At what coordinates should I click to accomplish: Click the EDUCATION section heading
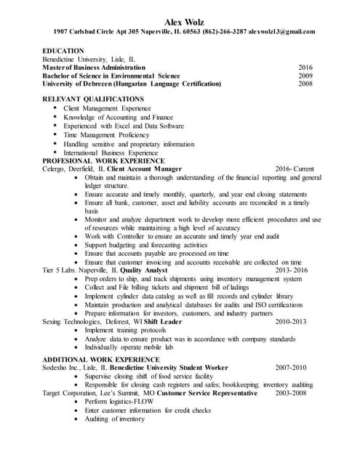(x=64, y=51)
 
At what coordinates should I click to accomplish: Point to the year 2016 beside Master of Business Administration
(x=305, y=67)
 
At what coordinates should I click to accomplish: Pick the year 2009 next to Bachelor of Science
(x=305, y=75)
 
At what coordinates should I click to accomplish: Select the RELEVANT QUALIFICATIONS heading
(x=93, y=99)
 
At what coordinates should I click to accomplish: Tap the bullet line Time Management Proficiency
(x=106, y=134)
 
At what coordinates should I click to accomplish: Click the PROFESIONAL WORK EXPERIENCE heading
(x=103, y=161)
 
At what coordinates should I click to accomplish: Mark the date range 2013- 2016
(x=292, y=270)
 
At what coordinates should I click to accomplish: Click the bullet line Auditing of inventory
(x=115, y=418)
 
